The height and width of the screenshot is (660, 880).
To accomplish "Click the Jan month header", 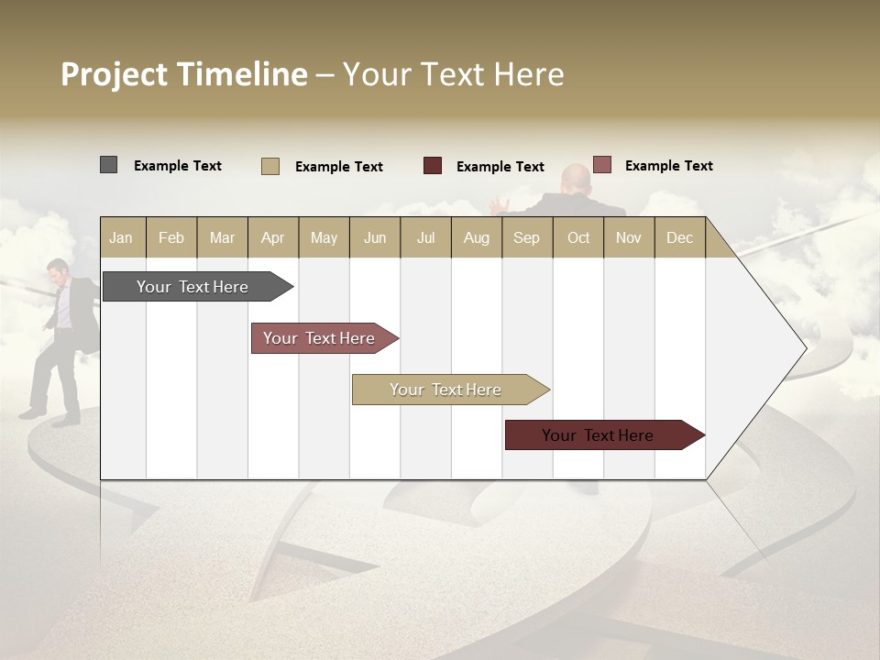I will [x=121, y=237].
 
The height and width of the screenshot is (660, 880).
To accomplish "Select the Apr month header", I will [x=272, y=237].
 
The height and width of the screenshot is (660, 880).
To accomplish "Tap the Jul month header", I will [x=425, y=237].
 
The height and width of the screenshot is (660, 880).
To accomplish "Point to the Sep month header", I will [x=526, y=237].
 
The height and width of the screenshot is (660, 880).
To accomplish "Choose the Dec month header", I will [x=679, y=237].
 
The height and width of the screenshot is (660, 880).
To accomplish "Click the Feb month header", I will [x=171, y=237].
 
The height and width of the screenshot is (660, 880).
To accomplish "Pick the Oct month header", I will [x=578, y=237].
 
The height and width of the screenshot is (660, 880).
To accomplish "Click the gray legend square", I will [x=108, y=165].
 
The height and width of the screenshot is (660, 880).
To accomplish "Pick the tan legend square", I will [x=269, y=166].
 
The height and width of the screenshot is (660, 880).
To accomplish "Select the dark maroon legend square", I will [x=433, y=166].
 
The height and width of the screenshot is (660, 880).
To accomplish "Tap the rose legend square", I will [x=601, y=165].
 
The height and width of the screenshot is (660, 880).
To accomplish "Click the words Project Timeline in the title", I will [x=183, y=74].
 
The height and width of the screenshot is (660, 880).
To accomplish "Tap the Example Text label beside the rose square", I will [x=668, y=166].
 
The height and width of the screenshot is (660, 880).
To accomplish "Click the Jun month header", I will [x=375, y=237].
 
